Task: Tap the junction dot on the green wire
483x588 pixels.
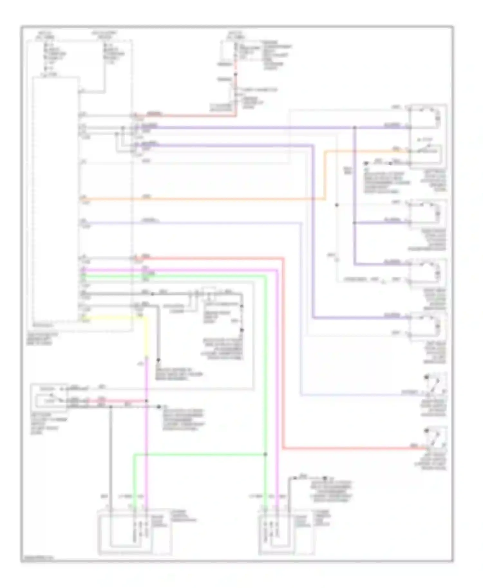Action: [265, 454]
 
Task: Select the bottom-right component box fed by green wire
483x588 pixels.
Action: [286, 534]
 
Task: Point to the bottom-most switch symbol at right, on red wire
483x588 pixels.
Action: [436, 439]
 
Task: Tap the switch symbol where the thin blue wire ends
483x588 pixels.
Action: [436, 384]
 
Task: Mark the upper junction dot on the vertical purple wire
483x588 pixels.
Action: [355, 128]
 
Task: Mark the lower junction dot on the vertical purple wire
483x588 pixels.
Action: [355, 223]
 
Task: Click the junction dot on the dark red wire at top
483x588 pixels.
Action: [236, 75]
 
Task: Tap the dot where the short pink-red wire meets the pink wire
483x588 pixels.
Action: [147, 401]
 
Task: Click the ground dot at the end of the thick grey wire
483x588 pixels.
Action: [158, 360]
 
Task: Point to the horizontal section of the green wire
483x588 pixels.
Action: [200, 454]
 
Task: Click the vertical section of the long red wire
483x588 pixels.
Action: [283, 354]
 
